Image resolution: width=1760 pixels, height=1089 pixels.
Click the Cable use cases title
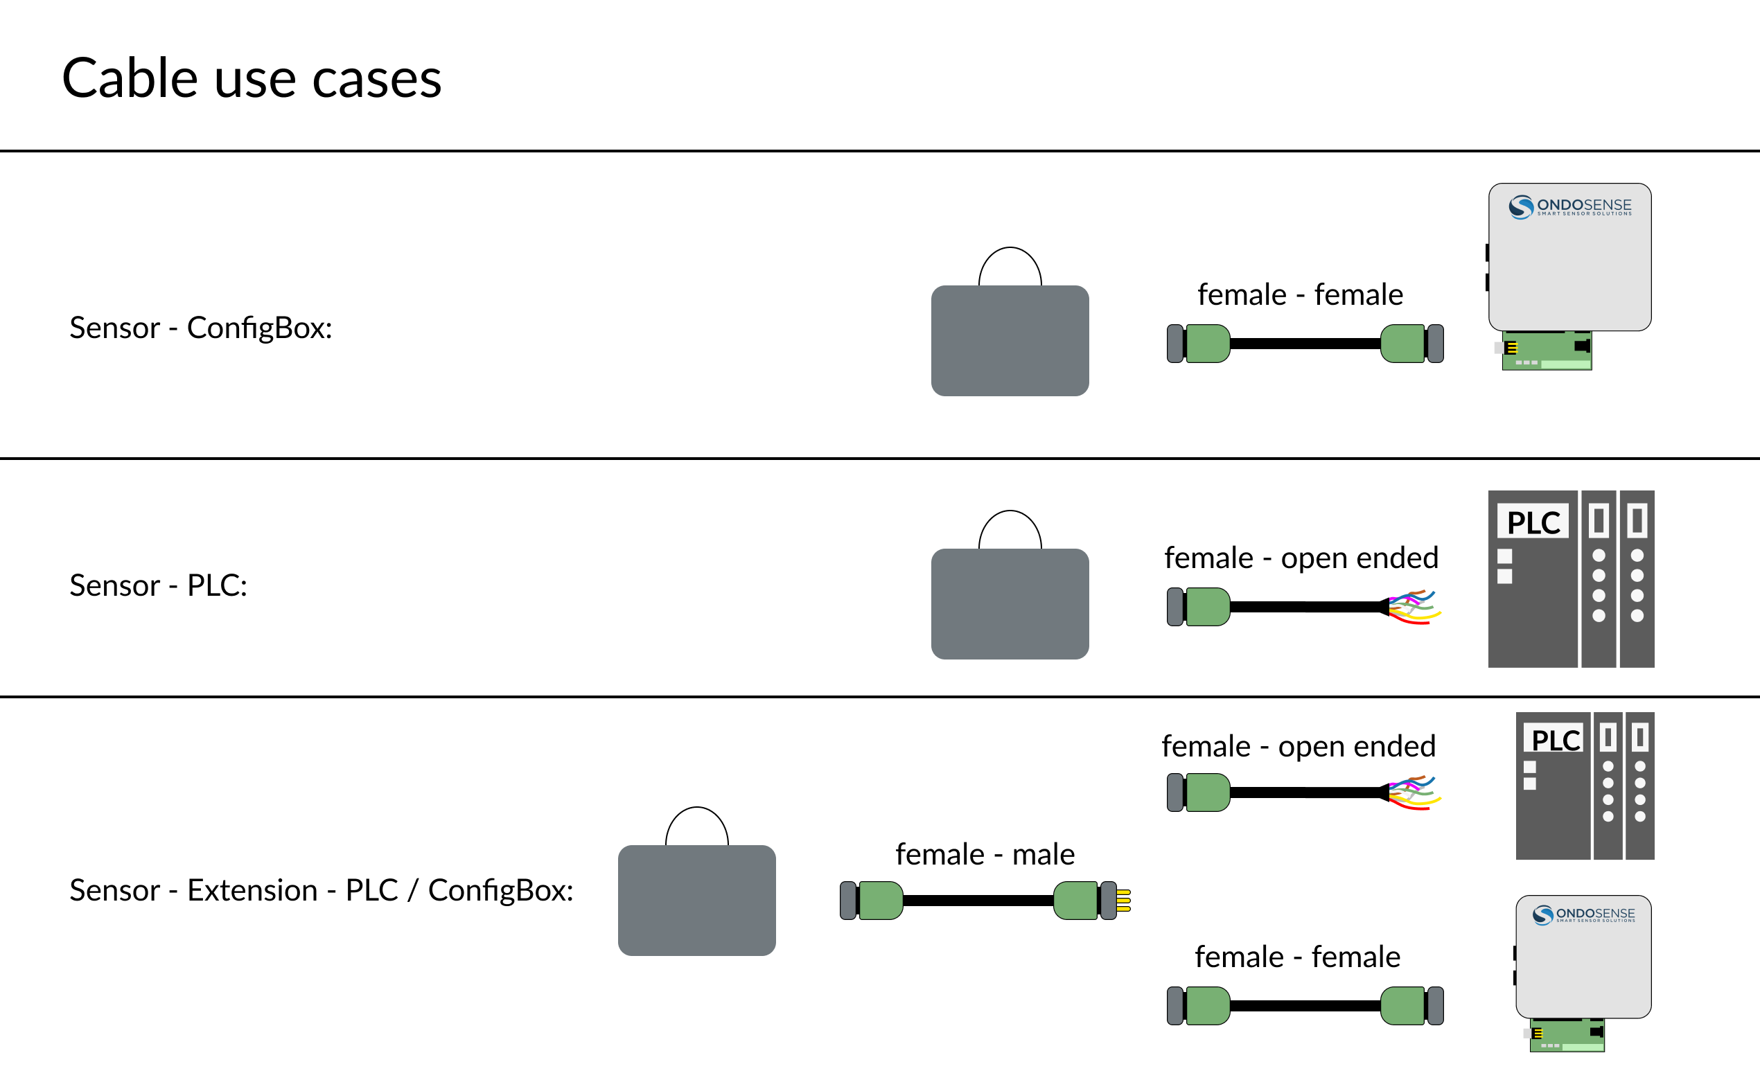tap(252, 78)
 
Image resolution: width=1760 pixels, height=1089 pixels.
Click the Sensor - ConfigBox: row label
tap(200, 328)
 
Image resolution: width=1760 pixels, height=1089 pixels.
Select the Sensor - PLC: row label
tap(158, 585)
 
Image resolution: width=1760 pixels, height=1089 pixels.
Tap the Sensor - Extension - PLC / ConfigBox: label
tap(321, 890)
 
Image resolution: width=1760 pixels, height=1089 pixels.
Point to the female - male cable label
tap(984, 854)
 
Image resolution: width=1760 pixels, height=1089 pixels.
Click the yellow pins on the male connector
tap(1123, 901)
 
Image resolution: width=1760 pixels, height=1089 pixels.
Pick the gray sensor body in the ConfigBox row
tap(1010, 340)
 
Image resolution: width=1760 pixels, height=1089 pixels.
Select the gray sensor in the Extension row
tap(696, 901)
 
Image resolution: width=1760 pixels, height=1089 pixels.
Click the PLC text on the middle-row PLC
tap(1532, 522)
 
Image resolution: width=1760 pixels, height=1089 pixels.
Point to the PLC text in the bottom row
tap(1554, 740)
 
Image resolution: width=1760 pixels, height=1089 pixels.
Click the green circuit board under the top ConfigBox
tap(1546, 351)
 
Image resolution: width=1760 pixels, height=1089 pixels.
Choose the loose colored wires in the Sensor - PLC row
tap(1414, 606)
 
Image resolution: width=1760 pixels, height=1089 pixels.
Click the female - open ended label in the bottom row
tap(1298, 746)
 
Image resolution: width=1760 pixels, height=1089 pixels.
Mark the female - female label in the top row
tap(1299, 294)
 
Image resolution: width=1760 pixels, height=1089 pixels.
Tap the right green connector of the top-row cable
tap(1402, 344)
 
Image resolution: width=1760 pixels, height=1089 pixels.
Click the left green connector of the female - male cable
tap(881, 901)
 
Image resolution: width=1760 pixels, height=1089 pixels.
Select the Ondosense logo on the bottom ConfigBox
tap(1583, 914)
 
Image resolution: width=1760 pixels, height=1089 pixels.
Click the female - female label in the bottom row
tap(1296, 957)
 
